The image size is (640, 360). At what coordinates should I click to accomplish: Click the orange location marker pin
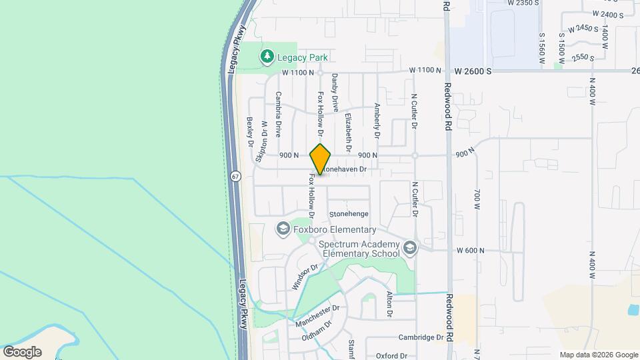click(321, 159)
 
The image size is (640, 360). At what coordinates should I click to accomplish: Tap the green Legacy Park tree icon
click(267, 57)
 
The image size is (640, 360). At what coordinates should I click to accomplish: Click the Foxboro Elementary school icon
click(282, 229)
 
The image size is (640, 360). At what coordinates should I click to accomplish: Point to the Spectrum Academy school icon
click(409, 248)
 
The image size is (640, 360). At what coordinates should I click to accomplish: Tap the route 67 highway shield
click(236, 177)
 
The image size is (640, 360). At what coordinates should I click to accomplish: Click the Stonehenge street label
click(349, 214)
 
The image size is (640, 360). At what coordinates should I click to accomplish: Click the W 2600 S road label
click(479, 70)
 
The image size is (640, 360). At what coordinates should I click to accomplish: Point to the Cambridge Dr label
click(421, 337)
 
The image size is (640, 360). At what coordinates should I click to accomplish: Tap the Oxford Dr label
click(391, 356)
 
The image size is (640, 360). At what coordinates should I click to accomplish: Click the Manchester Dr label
click(318, 311)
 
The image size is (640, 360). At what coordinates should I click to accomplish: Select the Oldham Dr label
click(317, 330)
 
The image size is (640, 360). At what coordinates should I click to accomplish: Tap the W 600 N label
click(469, 251)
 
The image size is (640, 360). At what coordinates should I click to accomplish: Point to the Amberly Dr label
click(377, 121)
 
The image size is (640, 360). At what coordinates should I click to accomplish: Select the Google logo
click(22, 351)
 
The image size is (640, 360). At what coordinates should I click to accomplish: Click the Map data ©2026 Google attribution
click(598, 355)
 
